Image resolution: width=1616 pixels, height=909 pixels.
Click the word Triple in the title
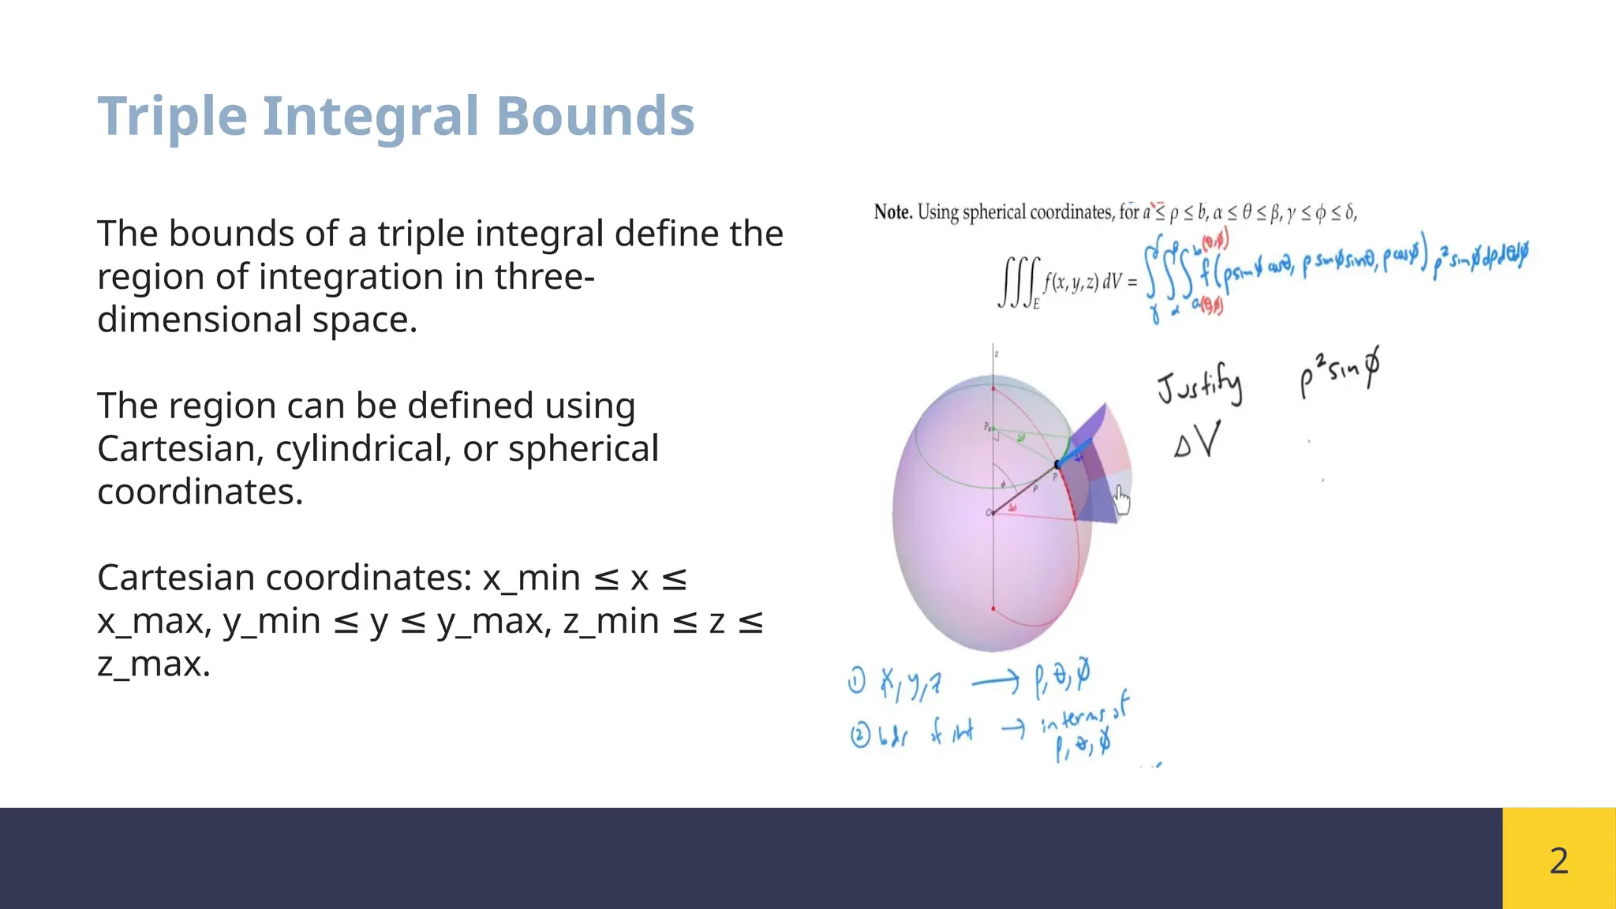coord(172,117)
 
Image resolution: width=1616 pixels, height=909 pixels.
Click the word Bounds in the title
coord(595,117)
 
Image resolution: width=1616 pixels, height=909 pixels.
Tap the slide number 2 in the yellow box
coord(1558,860)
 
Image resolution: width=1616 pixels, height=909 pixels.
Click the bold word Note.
coord(892,212)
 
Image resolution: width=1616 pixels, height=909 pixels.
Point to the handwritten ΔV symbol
coord(1197,442)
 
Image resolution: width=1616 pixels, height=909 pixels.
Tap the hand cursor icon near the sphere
coord(1122,499)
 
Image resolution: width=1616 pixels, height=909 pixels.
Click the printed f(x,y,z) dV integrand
coord(1083,282)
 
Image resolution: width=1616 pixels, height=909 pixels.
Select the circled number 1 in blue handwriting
coord(857,680)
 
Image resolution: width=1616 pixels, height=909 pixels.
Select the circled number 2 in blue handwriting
coord(859,736)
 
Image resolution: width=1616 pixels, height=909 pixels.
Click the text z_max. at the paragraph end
coord(154,664)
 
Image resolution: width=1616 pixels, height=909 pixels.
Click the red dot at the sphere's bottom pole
coord(993,609)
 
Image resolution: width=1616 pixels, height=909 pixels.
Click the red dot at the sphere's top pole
coord(993,389)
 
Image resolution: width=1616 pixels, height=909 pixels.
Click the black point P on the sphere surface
coord(1057,465)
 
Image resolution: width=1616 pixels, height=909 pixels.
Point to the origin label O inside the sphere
coord(989,514)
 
